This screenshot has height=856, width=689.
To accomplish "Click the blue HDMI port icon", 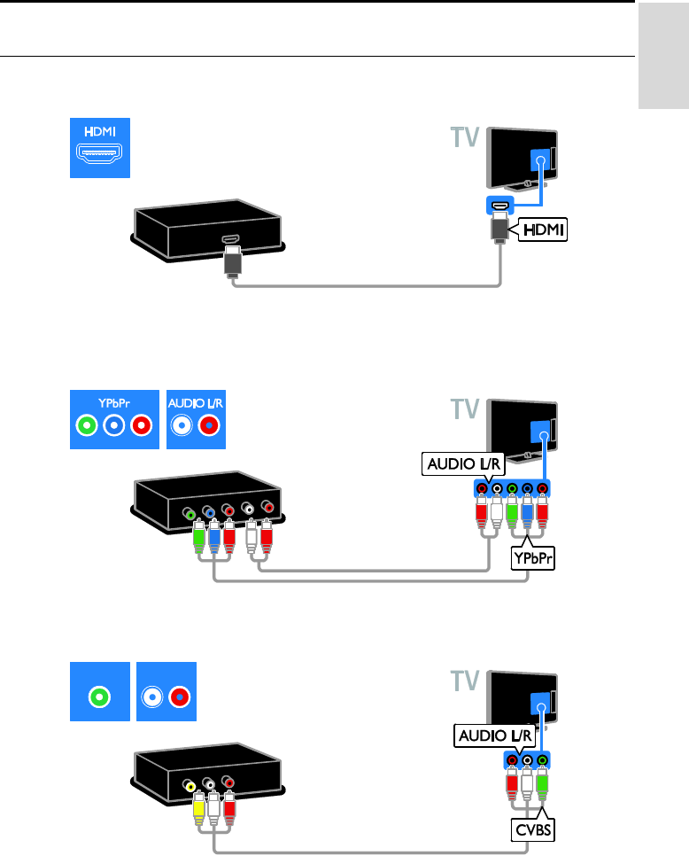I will [x=100, y=148].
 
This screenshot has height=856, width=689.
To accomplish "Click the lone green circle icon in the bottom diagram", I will [x=100, y=696].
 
